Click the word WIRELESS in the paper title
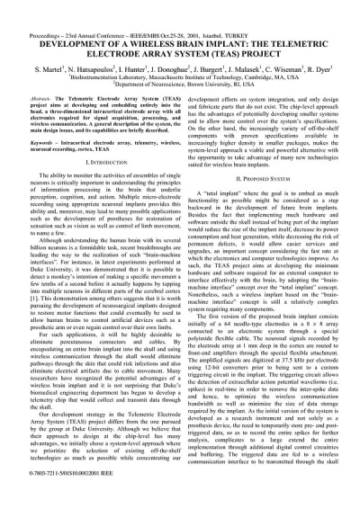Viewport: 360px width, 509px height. coord(136,19)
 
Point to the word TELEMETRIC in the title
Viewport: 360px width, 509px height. coord(294,19)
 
